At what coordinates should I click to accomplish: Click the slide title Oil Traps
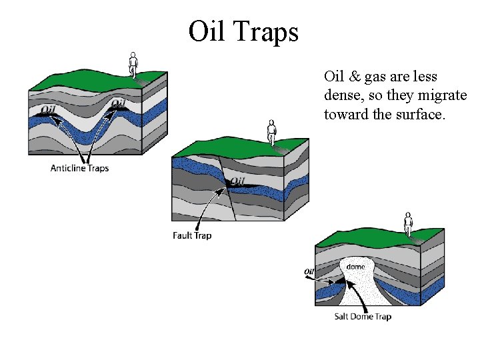[243, 31]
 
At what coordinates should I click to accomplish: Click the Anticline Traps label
[79, 168]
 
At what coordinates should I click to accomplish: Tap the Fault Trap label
[192, 235]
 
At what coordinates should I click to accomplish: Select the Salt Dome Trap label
[363, 316]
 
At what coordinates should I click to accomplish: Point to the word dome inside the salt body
[356, 267]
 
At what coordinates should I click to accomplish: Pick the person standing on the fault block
[271, 131]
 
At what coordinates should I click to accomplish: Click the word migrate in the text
[444, 95]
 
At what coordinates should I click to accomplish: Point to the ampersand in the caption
[353, 77]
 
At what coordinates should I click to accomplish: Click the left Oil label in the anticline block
[48, 110]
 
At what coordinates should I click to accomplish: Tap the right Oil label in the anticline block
[117, 103]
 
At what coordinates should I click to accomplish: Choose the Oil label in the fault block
[237, 181]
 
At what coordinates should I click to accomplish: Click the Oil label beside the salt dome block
[309, 271]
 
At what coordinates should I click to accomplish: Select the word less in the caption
[425, 77]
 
